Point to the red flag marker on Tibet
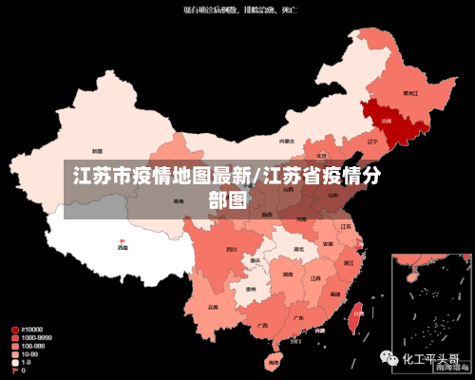(122, 241)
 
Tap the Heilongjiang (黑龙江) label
(410, 93)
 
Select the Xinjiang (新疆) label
(97, 151)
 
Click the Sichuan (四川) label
(232, 249)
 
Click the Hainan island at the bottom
(274, 361)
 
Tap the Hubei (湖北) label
(298, 249)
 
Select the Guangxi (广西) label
(262, 324)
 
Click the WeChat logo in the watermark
(389, 359)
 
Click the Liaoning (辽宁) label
(372, 141)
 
